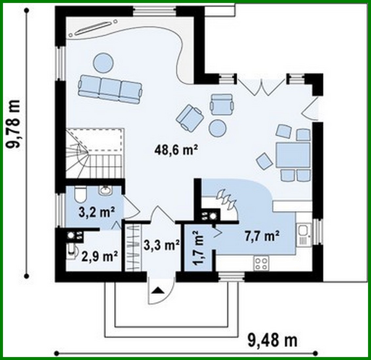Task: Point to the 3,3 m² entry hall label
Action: pos(161,244)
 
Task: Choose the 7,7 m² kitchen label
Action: pos(262,236)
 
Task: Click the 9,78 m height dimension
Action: pos(14,124)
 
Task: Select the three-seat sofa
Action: pos(110,88)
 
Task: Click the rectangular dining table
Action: pos(293,155)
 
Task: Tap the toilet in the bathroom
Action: pos(80,194)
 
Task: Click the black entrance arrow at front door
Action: pos(158,290)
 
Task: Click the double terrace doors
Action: pos(261,87)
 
